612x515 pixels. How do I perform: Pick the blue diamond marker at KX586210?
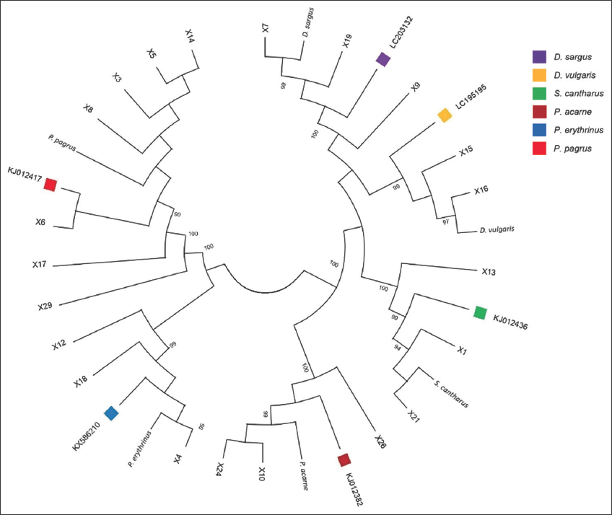[111, 413]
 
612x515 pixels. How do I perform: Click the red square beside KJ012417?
[50, 185]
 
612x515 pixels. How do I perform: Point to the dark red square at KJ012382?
[344, 459]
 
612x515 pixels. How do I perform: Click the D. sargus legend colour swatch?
[538, 56]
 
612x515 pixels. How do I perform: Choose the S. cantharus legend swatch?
[538, 94]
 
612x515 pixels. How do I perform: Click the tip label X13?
[490, 272]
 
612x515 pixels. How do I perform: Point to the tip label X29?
[46, 307]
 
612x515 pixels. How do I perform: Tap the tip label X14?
[190, 37]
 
